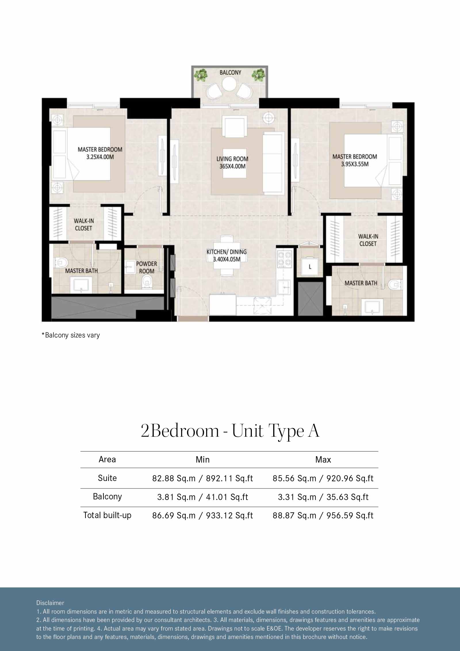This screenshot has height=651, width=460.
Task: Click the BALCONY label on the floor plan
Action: coord(230,72)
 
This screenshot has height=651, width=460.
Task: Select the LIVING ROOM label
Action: coord(232,159)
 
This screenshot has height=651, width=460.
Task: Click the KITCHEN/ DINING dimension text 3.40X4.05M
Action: coord(227,259)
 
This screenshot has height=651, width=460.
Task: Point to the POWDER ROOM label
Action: coord(147,267)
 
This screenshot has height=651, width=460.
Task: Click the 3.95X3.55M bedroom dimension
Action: coord(355,164)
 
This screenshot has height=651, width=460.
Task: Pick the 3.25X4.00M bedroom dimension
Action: coord(100,157)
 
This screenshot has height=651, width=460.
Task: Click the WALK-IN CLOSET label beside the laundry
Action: coord(368,240)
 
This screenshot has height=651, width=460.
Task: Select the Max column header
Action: coord(323,460)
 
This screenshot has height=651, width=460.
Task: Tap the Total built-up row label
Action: coord(107,515)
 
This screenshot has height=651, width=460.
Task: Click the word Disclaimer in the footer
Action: coord(50,603)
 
